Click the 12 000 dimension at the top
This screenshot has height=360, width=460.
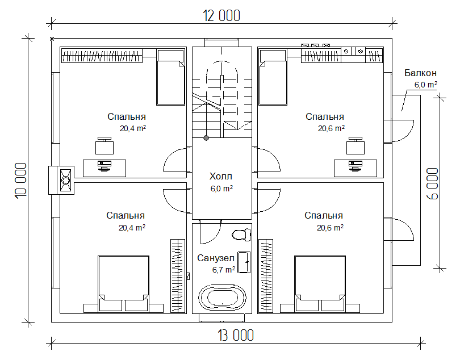pos(221,16)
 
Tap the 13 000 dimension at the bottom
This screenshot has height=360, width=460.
pos(236,336)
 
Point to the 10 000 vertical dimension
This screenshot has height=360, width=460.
pos(21,181)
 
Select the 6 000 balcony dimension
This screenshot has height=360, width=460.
pos(432,183)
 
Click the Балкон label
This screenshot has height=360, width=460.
pos(420,73)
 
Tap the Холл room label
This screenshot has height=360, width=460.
pos(221,176)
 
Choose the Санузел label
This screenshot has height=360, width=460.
pos(216,258)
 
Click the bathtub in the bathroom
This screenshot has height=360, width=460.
pos(222,298)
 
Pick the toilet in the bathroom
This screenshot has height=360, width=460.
pos(241,235)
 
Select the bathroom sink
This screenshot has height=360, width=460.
pos(244,262)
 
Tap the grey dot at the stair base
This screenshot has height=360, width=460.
pos(206,138)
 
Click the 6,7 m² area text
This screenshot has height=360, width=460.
pos(224,270)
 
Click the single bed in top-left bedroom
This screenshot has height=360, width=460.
pos(171,77)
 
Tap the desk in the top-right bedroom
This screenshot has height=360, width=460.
pos(356,169)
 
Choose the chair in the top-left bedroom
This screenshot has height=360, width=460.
pos(104,145)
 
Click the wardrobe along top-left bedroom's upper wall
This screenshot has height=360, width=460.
pos(102,56)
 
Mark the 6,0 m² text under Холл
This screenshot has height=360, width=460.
pos(221,189)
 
